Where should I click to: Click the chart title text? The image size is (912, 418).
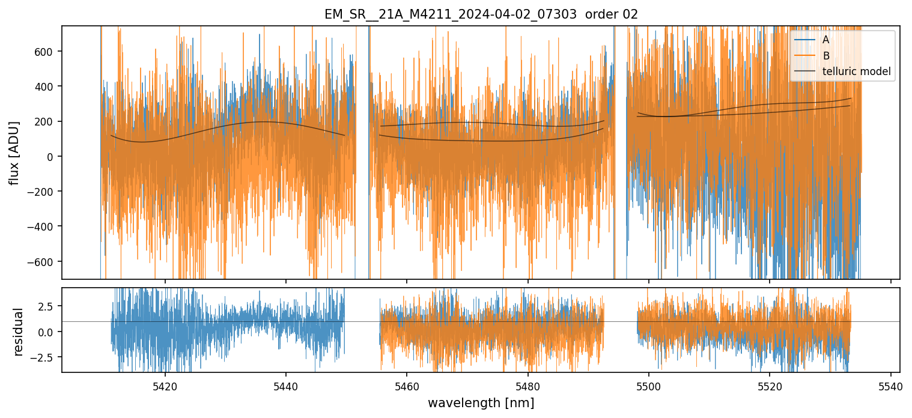(x=481, y=14)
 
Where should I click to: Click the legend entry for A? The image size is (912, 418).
(x=825, y=40)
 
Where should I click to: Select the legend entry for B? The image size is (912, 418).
(x=825, y=56)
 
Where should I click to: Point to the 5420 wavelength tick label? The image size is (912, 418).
(x=165, y=385)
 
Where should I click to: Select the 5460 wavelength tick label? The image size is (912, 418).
(x=407, y=385)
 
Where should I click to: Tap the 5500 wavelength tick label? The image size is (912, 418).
(x=649, y=385)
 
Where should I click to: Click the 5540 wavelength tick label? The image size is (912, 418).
(x=890, y=385)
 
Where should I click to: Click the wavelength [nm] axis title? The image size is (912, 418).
(x=481, y=403)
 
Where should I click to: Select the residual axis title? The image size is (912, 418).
(x=18, y=332)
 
